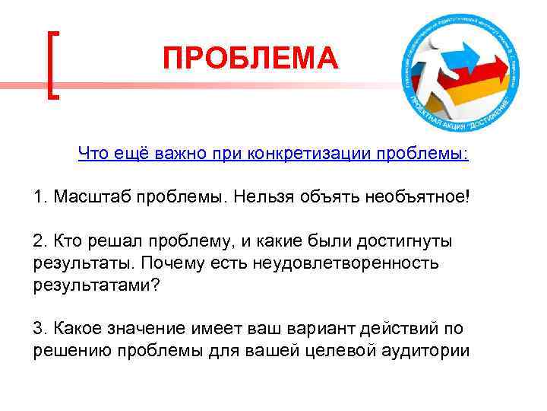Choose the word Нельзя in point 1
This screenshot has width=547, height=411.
pos(261,198)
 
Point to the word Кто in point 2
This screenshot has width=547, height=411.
pos(65,241)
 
